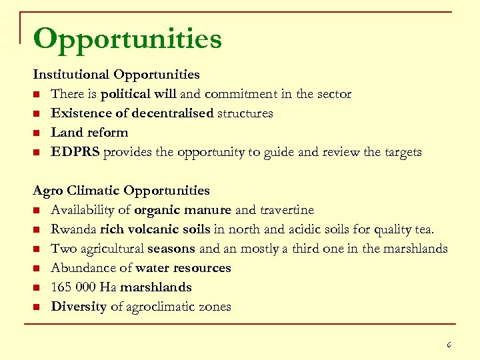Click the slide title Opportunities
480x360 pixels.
tap(127, 39)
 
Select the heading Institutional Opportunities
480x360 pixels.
tap(117, 75)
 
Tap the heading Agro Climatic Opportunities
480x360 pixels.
tap(121, 191)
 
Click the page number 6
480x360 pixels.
tap(449, 345)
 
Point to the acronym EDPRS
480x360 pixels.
tap(75, 152)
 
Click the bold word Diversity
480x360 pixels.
tap(79, 307)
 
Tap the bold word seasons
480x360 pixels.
tap(171, 249)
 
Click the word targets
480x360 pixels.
tap(402, 152)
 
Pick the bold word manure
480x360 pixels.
tap(208, 210)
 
